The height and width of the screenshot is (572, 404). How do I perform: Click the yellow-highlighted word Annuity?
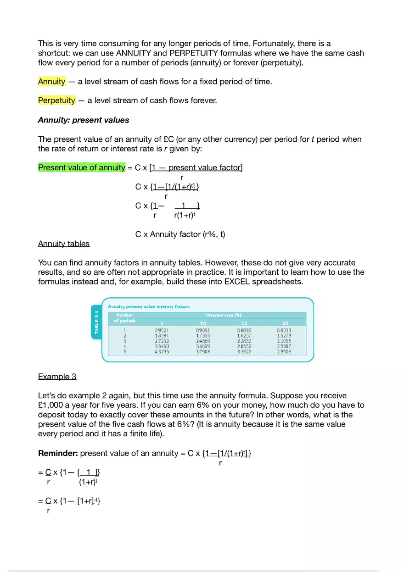[52, 82]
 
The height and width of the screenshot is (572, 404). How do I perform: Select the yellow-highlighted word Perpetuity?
[56, 100]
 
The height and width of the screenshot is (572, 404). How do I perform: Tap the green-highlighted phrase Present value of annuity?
[82, 167]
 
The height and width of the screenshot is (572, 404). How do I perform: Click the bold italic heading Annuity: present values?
[84, 120]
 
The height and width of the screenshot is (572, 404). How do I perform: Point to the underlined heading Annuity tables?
[64, 244]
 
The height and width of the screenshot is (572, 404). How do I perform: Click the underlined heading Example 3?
[57, 377]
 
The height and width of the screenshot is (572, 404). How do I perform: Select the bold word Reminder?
[58, 454]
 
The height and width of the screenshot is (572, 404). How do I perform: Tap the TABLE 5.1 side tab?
[96, 322]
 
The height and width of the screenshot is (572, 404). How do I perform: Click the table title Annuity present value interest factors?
[148, 306]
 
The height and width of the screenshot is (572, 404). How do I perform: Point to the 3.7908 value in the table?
[203, 352]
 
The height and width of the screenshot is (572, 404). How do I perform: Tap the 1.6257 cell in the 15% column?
[244, 336]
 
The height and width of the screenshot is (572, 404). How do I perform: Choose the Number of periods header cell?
[125, 318]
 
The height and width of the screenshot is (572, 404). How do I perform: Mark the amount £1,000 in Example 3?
[55, 405]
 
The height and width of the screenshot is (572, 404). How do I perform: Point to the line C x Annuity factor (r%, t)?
[180, 234]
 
